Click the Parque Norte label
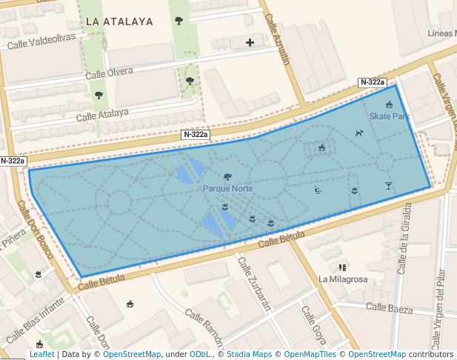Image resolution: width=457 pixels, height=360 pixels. pos(228,189)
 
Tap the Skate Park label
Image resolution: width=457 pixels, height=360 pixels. pos(390,116)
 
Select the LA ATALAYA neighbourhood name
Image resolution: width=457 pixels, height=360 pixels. pos(119,21)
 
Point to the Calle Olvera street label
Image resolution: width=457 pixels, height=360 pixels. pos(109,73)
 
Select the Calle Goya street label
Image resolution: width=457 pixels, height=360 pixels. pos(313,325)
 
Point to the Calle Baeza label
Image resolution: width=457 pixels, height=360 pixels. pos(389,307)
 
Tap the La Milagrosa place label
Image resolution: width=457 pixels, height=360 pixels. pos(343,279)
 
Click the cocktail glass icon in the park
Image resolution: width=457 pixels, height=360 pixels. pos(388,185)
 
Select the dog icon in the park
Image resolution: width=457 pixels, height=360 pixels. pos(359,133)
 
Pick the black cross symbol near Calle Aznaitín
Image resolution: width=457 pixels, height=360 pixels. pos(250,42)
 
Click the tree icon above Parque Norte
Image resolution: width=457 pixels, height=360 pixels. pos(227,177)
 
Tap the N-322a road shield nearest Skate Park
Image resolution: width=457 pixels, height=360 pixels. pos(372,82)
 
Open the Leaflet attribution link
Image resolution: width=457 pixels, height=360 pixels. pos(41,355)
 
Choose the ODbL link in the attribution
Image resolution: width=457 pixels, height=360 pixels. pos(200,355)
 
